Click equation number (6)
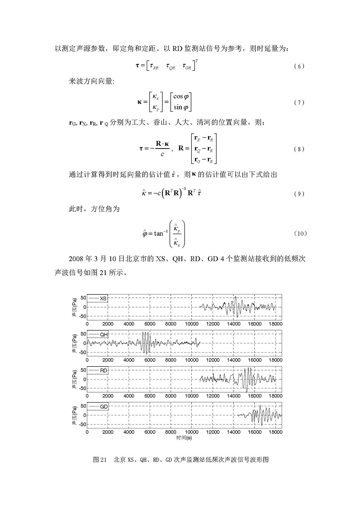[x=299, y=67]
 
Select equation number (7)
[x=299, y=103]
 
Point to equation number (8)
[x=299, y=149]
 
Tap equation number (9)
[x=299, y=194]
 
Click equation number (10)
[x=300, y=234]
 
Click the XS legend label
[x=103, y=298]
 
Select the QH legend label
[x=104, y=334]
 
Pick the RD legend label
[x=103, y=370]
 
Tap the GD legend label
[x=104, y=406]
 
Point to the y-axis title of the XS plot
[x=73, y=307]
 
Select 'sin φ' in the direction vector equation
[x=182, y=108]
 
